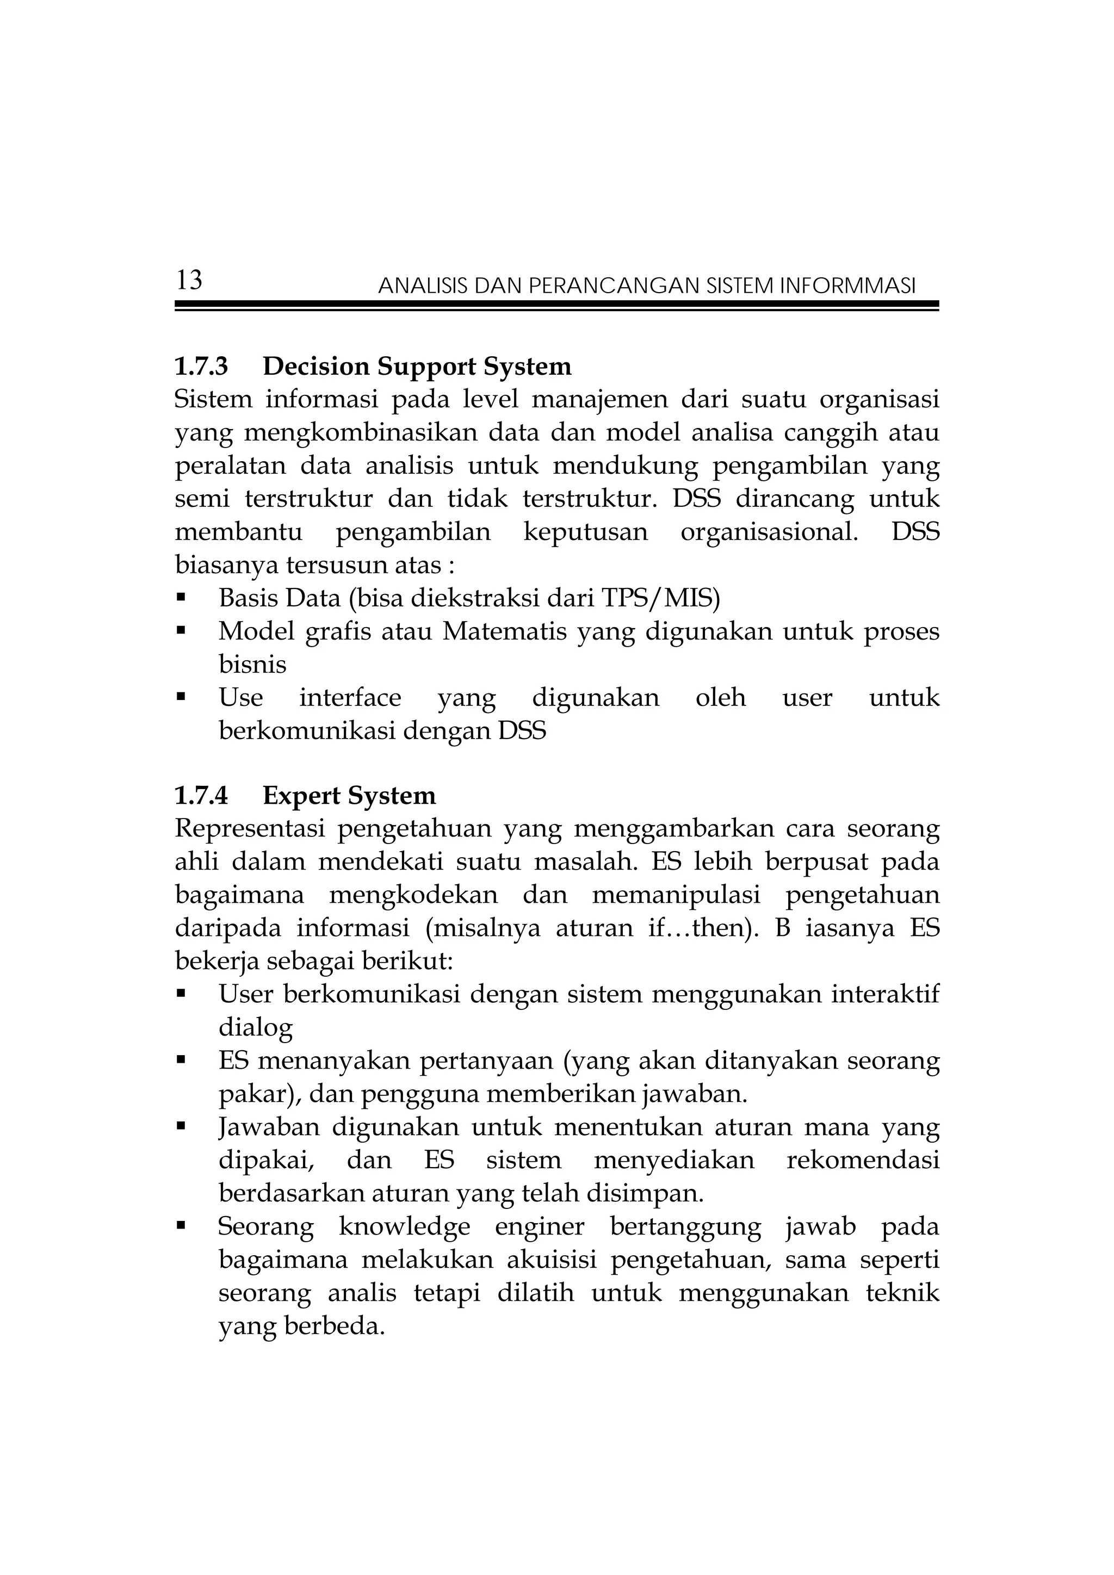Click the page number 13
189,281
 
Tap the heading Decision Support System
417,367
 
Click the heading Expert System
349,796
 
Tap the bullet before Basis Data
181,598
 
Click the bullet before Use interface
181,698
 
